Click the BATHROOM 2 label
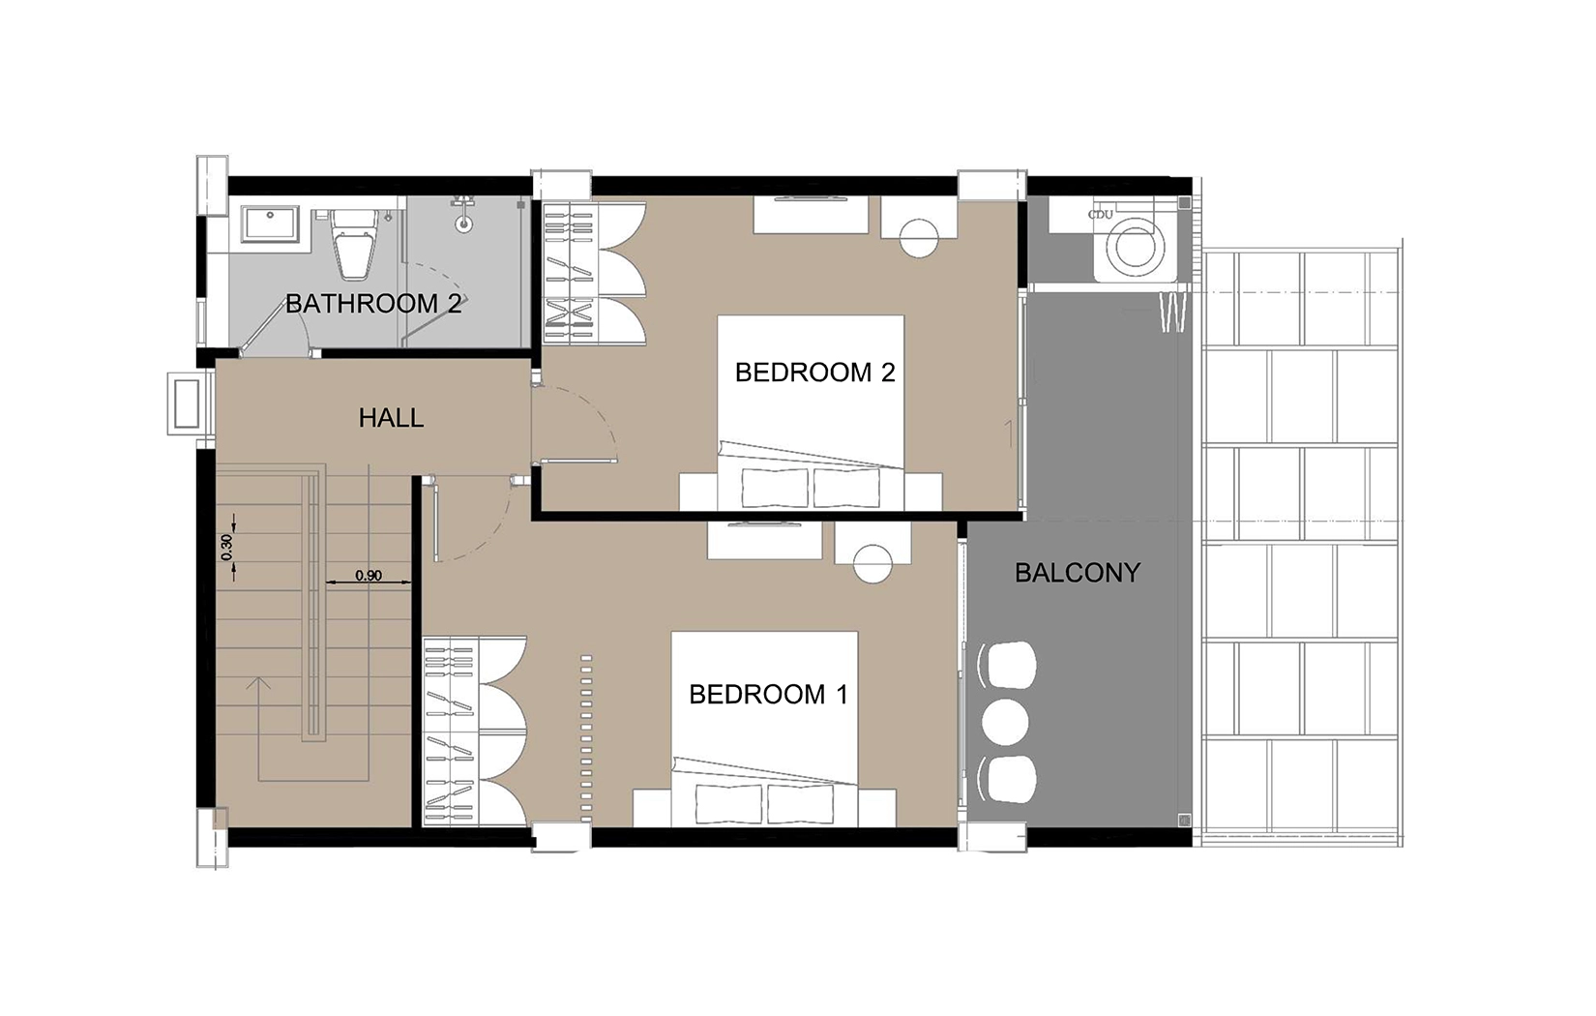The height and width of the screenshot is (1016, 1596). (x=373, y=304)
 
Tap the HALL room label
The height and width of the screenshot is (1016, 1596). (x=391, y=418)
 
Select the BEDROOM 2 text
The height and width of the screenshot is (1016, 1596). (x=815, y=373)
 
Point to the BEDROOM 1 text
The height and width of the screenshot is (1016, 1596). (x=769, y=695)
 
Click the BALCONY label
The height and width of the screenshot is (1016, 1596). (x=1078, y=573)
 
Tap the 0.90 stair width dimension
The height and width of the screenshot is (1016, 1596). (x=369, y=576)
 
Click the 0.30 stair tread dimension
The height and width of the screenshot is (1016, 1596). (x=226, y=547)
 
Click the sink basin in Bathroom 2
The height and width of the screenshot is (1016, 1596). (x=270, y=223)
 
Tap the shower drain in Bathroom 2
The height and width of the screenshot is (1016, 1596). (x=464, y=224)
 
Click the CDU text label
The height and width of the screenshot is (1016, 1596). (x=1100, y=215)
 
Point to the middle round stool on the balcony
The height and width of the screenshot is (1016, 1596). (x=1005, y=722)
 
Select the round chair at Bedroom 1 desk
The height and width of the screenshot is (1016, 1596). (x=872, y=565)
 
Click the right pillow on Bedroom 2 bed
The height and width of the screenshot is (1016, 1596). (x=847, y=488)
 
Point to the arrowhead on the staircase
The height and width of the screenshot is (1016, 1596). (x=258, y=683)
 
